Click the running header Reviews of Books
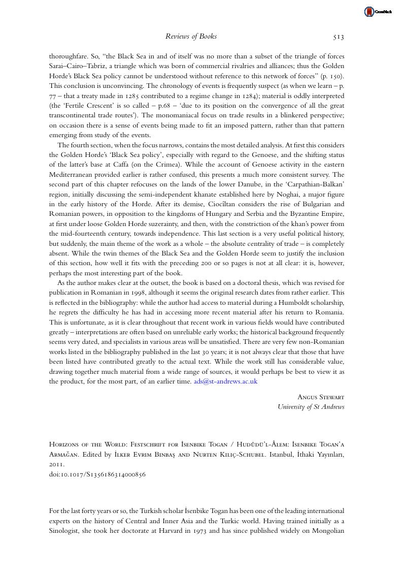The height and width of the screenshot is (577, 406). click(x=191, y=36)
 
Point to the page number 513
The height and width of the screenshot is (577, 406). click(x=339, y=36)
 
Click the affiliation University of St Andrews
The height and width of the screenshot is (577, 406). click(x=311, y=407)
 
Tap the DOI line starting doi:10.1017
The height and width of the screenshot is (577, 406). click(x=97, y=474)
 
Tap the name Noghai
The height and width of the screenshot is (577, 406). click(x=302, y=194)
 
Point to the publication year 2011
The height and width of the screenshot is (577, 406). click(x=56, y=465)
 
